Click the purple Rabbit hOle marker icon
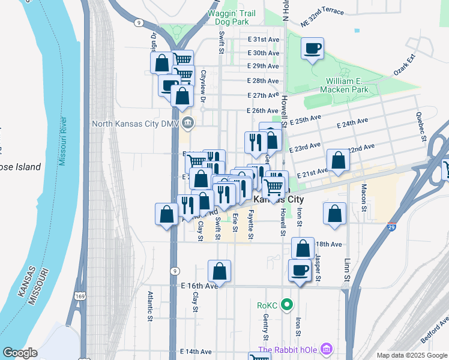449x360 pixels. [326, 349]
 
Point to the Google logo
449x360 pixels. [20, 353]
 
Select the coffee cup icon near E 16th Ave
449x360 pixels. [300, 269]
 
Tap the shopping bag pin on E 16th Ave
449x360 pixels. [220, 271]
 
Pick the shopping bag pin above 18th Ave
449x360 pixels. [304, 247]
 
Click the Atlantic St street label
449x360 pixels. [151, 303]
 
